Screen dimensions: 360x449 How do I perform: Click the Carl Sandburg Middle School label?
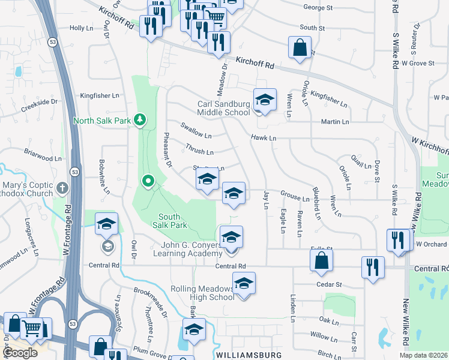pyautogui.click(x=223, y=108)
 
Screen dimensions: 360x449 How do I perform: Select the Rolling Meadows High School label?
pyautogui.click(x=202, y=293)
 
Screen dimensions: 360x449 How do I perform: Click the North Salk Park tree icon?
pyautogui.click(x=140, y=120)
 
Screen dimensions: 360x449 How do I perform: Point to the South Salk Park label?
pyautogui.click(x=173, y=221)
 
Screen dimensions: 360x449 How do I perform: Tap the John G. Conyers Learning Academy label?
pyautogui.click(x=188, y=249)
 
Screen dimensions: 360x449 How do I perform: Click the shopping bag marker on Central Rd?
pyautogui.click(x=322, y=261)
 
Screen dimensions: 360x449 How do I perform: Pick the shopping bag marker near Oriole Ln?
pyautogui.click(x=300, y=47)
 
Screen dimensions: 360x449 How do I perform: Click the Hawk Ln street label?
pyautogui.click(x=264, y=138)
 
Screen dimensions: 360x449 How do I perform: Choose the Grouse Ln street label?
pyautogui.click(x=295, y=197)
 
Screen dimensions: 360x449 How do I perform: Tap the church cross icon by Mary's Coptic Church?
pyautogui.click(x=62, y=189)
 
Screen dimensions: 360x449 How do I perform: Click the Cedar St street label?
pyautogui.click(x=330, y=284)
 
